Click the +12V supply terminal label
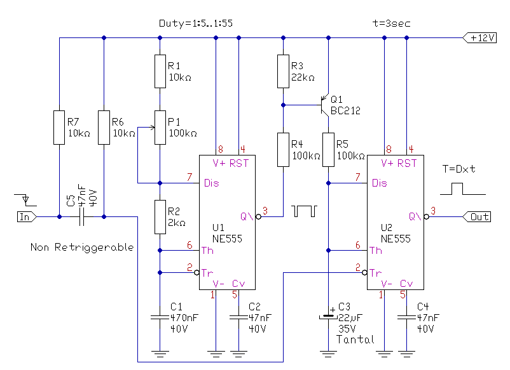click(x=479, y=37)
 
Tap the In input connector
click(x=27, y=216)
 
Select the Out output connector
click(x=477, y=216)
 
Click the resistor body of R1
click(x=160, y=72)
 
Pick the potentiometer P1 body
click(x=160, y=128)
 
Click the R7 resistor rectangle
click(x=59, y=128)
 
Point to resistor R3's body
click(x=283, y=72)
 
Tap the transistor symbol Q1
click(x=324, y=105)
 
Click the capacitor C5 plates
click(x=81, y=216)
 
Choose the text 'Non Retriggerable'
click(x=82, y=248)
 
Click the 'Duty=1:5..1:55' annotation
click(x=196, y=23)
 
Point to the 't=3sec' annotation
click(x=391, y=23)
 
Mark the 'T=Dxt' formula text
click(x=458, y=169)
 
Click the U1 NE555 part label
click(x=227, y=233)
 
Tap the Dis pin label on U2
click(x=379, y=183)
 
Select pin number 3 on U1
click(x=265, y=211)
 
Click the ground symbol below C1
click(x=160, y=353)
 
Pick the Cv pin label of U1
click(x=238, y=284)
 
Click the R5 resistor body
click(x=328, y=150)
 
